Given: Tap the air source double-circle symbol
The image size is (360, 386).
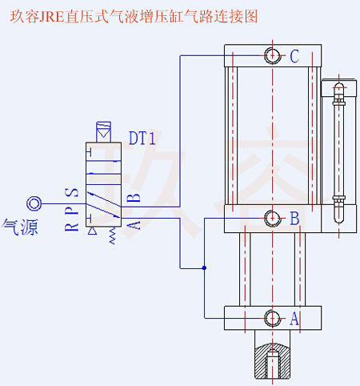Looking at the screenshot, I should click(34, 203).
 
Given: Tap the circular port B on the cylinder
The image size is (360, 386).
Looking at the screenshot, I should click(273, 218).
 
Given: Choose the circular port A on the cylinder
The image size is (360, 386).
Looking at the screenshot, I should click(273, 318).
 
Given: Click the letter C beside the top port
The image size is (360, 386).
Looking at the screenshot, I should click(294, 56).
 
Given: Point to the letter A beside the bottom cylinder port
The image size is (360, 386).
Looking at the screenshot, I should click(294, 319).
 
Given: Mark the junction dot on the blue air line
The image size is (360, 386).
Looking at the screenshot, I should click(205, 267).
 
